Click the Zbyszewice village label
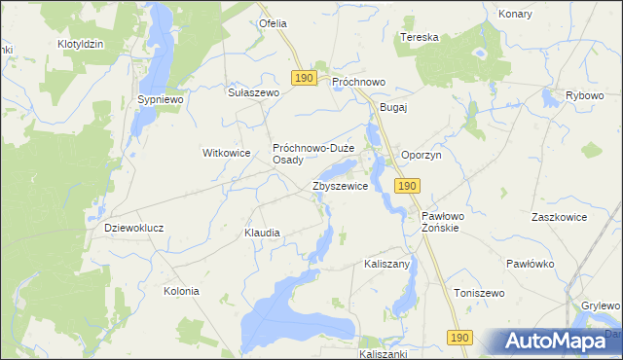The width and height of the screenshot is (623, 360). tap(340, 185)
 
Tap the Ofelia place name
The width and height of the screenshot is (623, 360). tap(272, 22)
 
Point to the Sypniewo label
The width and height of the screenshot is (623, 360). tap(160, 99)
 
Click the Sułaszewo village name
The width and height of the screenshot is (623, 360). tap(253, 92)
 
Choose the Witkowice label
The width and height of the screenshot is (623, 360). tap(227, 153)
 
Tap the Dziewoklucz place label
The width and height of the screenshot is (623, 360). tap(133, 228)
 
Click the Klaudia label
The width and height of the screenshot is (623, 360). tap(262, 234)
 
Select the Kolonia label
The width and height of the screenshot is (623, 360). tap(181, 291)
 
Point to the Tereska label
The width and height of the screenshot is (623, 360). tap(420, 37)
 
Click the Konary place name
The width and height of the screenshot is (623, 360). tap(515, 15)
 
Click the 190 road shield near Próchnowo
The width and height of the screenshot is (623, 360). tap(302, 77)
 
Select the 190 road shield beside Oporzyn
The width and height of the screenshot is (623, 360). tap(408, 185)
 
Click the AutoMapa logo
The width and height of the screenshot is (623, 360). tap(557, 341)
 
